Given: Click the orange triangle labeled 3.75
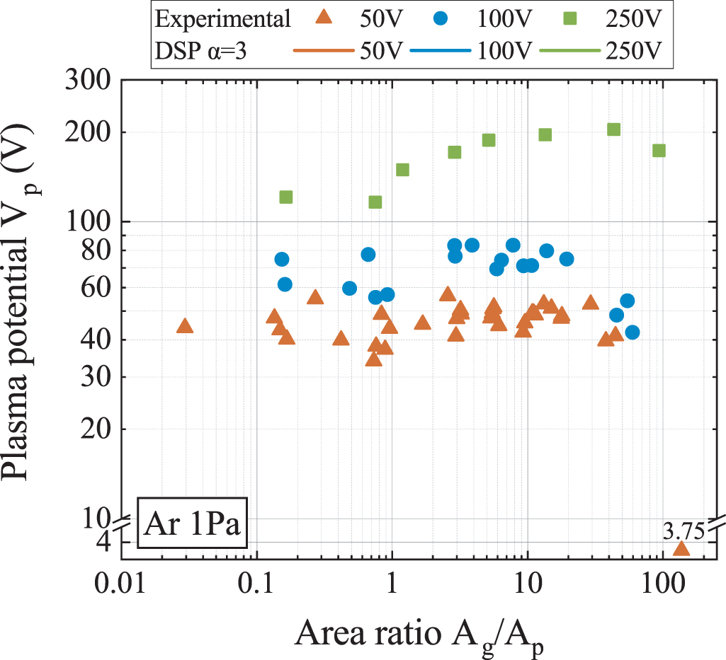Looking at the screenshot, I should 681,549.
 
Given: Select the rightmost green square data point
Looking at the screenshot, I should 659,150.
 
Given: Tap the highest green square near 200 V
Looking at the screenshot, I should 613,129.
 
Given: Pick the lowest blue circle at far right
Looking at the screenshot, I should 633,332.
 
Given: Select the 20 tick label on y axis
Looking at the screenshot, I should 95,429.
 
